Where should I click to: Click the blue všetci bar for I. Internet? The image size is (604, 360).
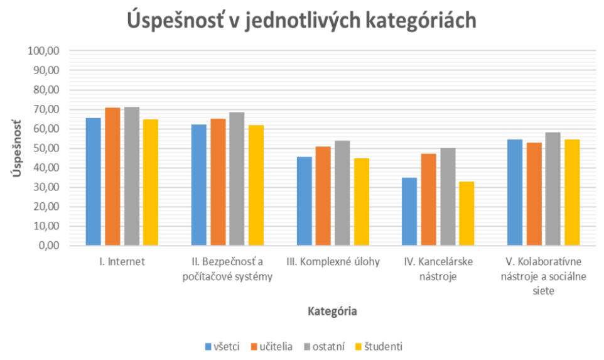[x=93, y=182]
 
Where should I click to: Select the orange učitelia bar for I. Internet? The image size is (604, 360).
[x=112, y=177]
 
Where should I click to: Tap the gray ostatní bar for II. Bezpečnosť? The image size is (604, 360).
[x=237, y=179]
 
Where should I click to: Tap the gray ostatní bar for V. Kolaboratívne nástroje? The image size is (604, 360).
[x=553, y=189]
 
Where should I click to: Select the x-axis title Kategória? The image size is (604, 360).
[x=333, y=311]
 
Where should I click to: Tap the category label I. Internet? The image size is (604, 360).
[x=122, y=262]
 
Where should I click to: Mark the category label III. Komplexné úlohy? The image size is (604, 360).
[x=333, y=262]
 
